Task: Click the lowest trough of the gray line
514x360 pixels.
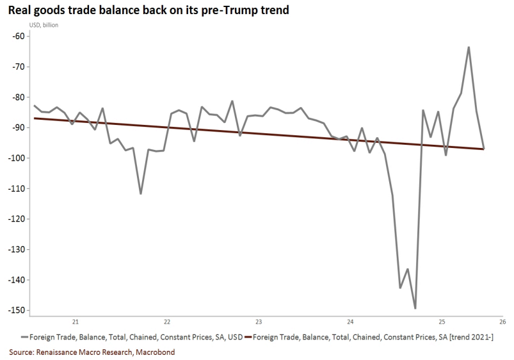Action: pos(415,308)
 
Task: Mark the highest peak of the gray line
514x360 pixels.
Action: pos(469,47)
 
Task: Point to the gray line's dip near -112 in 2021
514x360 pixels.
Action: pos(141,193)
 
